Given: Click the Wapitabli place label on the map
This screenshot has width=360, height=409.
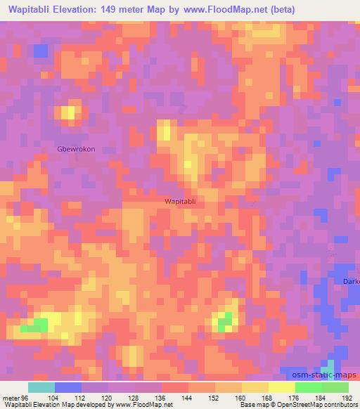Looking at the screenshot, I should pyautogui.click(x=185, y=201).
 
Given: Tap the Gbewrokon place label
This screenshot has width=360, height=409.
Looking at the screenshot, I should pyautogui.click(x=76, y=149).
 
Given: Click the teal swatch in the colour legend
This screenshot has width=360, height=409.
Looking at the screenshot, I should pyautogui.click(x=41, y=387).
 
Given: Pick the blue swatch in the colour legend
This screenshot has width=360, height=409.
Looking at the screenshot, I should pyautogui.click(x=68, y=387).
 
